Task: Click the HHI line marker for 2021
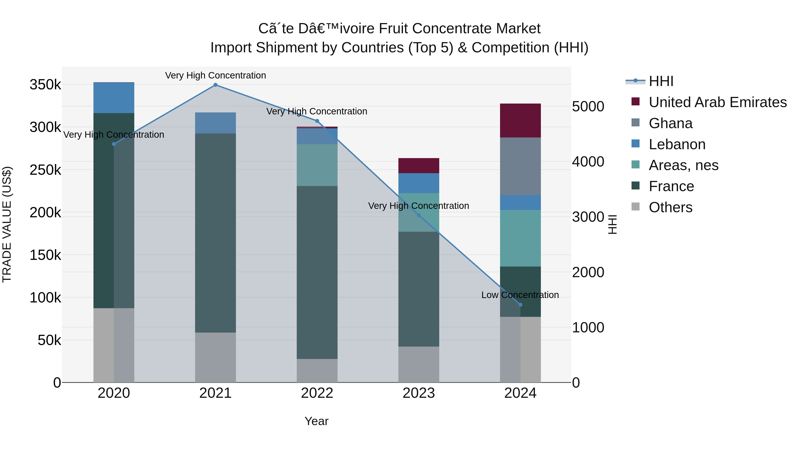coord(215,85)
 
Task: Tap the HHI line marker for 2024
coord(520,305)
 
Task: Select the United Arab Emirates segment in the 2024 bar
coord(520,121)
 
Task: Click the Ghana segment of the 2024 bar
coord(520,166)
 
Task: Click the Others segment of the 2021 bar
coord(215,357)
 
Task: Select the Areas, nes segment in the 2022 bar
coord(317,165)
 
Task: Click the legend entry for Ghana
coord(670,123)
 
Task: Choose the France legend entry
coord(671,186)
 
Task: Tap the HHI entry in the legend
coord(661,81)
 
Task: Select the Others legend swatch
coord(635,207)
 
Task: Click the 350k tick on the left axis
coord(45,85)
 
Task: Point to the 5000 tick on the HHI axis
coord(588,106)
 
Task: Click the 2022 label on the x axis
coord(317,393)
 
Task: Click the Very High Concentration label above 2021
coord(215,75)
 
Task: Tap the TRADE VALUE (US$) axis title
coord(7,224)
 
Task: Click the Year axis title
coord(316,421)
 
